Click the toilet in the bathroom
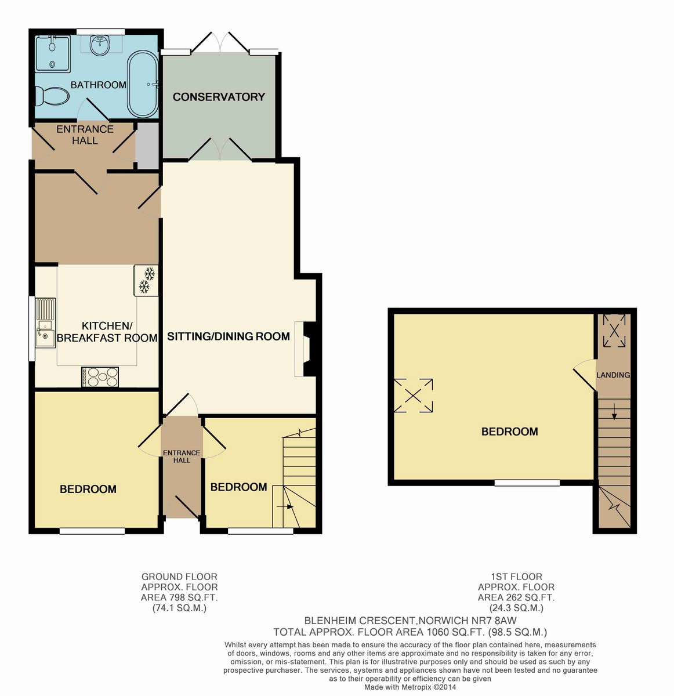pyautogui.click(x=52, y=96)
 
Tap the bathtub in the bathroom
pyautogui.click(x=143, y=85)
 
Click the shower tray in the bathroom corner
pyautogui.click(x=53, y=53)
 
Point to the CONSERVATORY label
pyautogui.click(x=219, y=97)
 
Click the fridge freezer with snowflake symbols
pyautogui.click(x=146, y=280)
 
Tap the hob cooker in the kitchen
pyautogui.click(x=100, y=377)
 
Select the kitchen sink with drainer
pyautogui.click(x=45, y=322)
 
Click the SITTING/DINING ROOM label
pyautogui.click(x=229, y=336)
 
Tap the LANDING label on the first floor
pyautogui.click(x=613, y=375)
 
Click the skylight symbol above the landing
pyautogui.click(x=614, y=331)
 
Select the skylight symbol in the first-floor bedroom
pyautogui.click(x=413, y=396)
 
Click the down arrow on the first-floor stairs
pyautogui.click(x=614, y=411)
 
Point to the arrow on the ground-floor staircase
pyautogui.click(x=285, y=507)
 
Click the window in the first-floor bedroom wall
pyautogui.click(x=527, y=483)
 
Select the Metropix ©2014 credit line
pyautogui.click(x=410, y=687)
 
